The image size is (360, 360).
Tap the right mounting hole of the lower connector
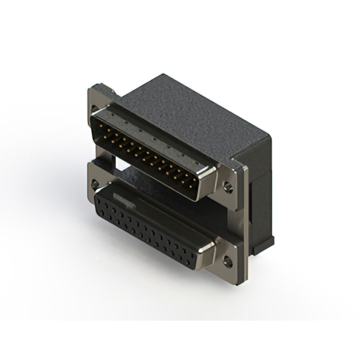click(228, 260)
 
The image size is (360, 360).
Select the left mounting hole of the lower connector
click(94, 183)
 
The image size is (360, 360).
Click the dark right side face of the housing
click(259, 186)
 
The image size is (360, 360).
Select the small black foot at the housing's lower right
click(264, 242)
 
